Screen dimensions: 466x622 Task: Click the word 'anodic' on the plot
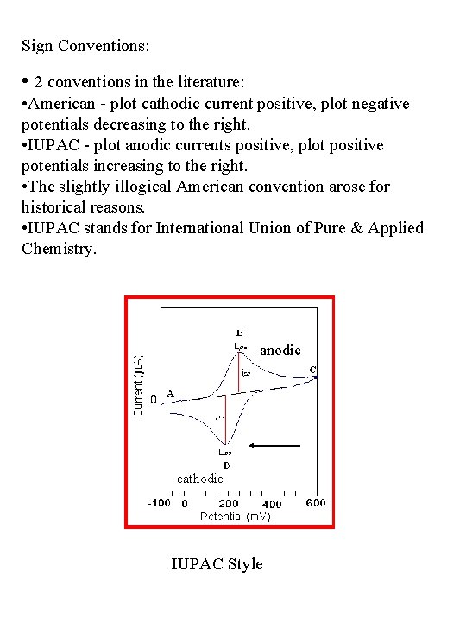[280, 350]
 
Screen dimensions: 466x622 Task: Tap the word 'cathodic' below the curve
[199, 478]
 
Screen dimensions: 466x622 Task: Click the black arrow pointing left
[274, 446]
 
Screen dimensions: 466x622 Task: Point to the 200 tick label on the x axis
[229, 503]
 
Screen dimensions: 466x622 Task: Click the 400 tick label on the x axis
[272, 504]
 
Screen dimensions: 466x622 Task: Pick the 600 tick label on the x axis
[314, 503]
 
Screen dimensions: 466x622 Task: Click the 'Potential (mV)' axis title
[235, 516]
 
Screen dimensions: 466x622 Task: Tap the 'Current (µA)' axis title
[138, 384]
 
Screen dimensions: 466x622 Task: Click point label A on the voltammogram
[170, 394]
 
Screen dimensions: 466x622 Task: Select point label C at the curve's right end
[312, 370]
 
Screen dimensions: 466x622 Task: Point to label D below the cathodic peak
[225, 465]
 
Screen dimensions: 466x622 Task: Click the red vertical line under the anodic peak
[239, 371]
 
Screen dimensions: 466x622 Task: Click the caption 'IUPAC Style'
[217, 564]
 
